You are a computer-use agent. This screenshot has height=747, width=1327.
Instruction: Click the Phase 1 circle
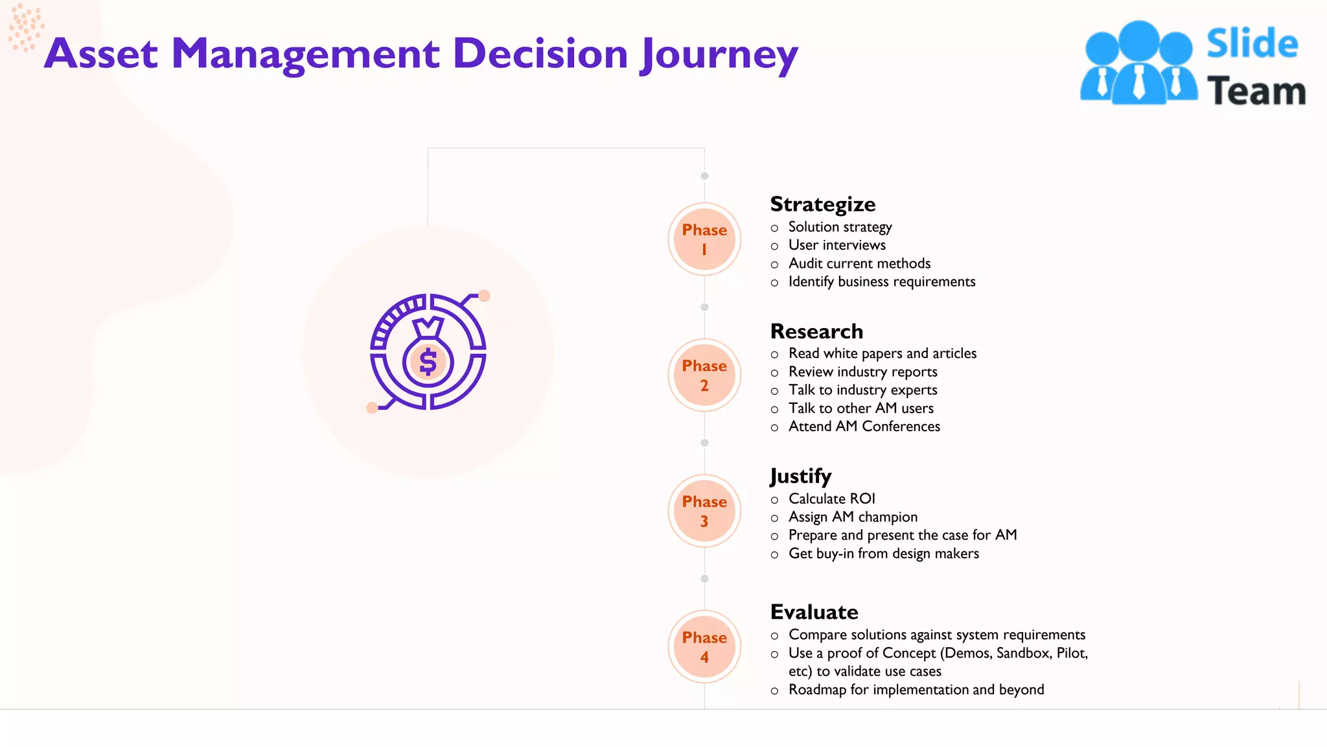[x=704, y=239]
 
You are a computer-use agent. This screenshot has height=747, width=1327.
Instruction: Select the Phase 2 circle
[x=704, y=375]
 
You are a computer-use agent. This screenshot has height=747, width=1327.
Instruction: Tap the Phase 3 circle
[x=704, y=511]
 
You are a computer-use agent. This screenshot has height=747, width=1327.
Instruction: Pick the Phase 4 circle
[x=704, y=647]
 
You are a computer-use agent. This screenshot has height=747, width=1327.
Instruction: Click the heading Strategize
[x=822, y=204]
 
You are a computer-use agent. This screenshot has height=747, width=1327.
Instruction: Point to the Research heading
[x=816, y=331]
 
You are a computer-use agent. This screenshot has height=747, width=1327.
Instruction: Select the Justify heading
[x=800, y=477]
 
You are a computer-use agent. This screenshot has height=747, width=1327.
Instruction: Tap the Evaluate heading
[x=814, y=612]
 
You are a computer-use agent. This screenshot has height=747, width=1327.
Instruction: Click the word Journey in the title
[x=719, y=54]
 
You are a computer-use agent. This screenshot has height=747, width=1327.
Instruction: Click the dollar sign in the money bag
[x=428, y=362]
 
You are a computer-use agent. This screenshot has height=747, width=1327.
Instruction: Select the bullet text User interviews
[x=837, y=245]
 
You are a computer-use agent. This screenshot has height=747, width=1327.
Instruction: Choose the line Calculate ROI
[x=831, y=499]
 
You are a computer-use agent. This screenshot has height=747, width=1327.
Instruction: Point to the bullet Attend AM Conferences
[x=864, y=427]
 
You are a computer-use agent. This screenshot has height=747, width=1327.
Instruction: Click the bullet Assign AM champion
[x=853, y=517]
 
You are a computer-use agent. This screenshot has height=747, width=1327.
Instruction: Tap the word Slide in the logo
[x=1252, y=44]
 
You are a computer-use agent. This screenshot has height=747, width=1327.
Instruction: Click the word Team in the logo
[x=1256, y=91]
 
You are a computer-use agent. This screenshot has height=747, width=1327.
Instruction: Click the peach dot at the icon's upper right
[x=484, y=296]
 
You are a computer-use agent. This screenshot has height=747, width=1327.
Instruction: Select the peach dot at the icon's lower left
[x=372, y=408]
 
